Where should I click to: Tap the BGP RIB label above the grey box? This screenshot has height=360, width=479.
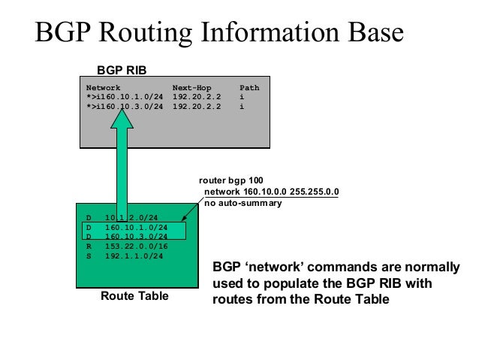click(121, 69)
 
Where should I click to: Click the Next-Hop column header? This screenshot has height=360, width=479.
click(194, 88)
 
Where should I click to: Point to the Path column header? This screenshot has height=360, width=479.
click(249, 88)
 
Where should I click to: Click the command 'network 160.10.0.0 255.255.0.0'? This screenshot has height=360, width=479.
click(271, 192)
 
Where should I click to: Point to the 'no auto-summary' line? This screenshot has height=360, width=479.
click(243, 203)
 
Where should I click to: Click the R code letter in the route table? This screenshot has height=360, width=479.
click(88, 246)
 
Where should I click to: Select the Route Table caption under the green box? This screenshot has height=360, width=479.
click(135, 298)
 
